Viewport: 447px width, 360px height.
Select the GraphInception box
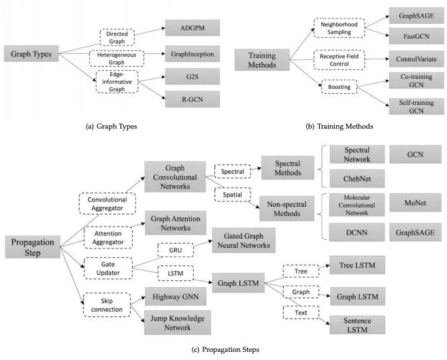tap(193, 52)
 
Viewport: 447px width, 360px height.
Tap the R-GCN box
tap(193, 99)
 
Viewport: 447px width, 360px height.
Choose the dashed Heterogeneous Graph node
tap(121, 56)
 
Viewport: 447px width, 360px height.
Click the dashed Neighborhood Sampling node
tap(332, 27)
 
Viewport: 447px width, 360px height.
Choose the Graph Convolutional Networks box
tap(175, 176)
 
